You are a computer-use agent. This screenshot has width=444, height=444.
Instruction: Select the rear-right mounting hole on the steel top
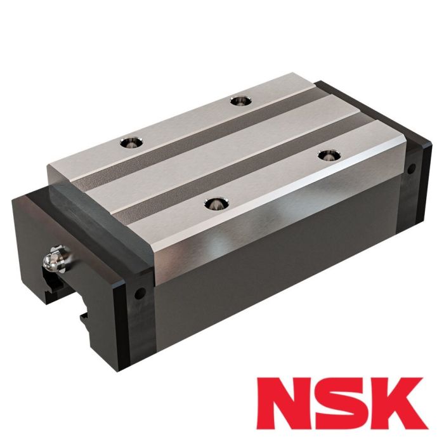pos(238,100)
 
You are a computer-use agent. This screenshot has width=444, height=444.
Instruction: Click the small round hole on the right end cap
pos(411,169)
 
